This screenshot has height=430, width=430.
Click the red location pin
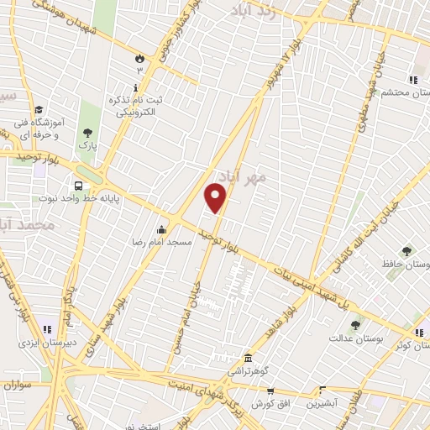(x=216, y=197)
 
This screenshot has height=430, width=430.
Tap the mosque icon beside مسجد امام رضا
(x=161, y=229)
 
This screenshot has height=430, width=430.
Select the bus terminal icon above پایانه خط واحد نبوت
(x=78, y=186)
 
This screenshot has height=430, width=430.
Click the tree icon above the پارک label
(x=87, y=132)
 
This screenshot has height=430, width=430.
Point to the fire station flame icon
(x=139, y=58)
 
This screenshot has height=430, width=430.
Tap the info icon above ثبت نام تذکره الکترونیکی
(x=134, y=87)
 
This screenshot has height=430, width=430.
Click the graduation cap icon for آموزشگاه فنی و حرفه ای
(x=39, y=110)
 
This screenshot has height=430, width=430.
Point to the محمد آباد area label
(x=25, y=226)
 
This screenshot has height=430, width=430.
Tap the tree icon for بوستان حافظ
(x=406, y=250)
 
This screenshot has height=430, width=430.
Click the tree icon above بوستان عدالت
(x=355, y=324)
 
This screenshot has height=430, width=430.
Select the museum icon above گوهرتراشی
(x=248, y=356)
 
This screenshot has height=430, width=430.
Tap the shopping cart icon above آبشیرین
(x=321, y=390)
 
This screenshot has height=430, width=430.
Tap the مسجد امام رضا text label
(x=166, y=242)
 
